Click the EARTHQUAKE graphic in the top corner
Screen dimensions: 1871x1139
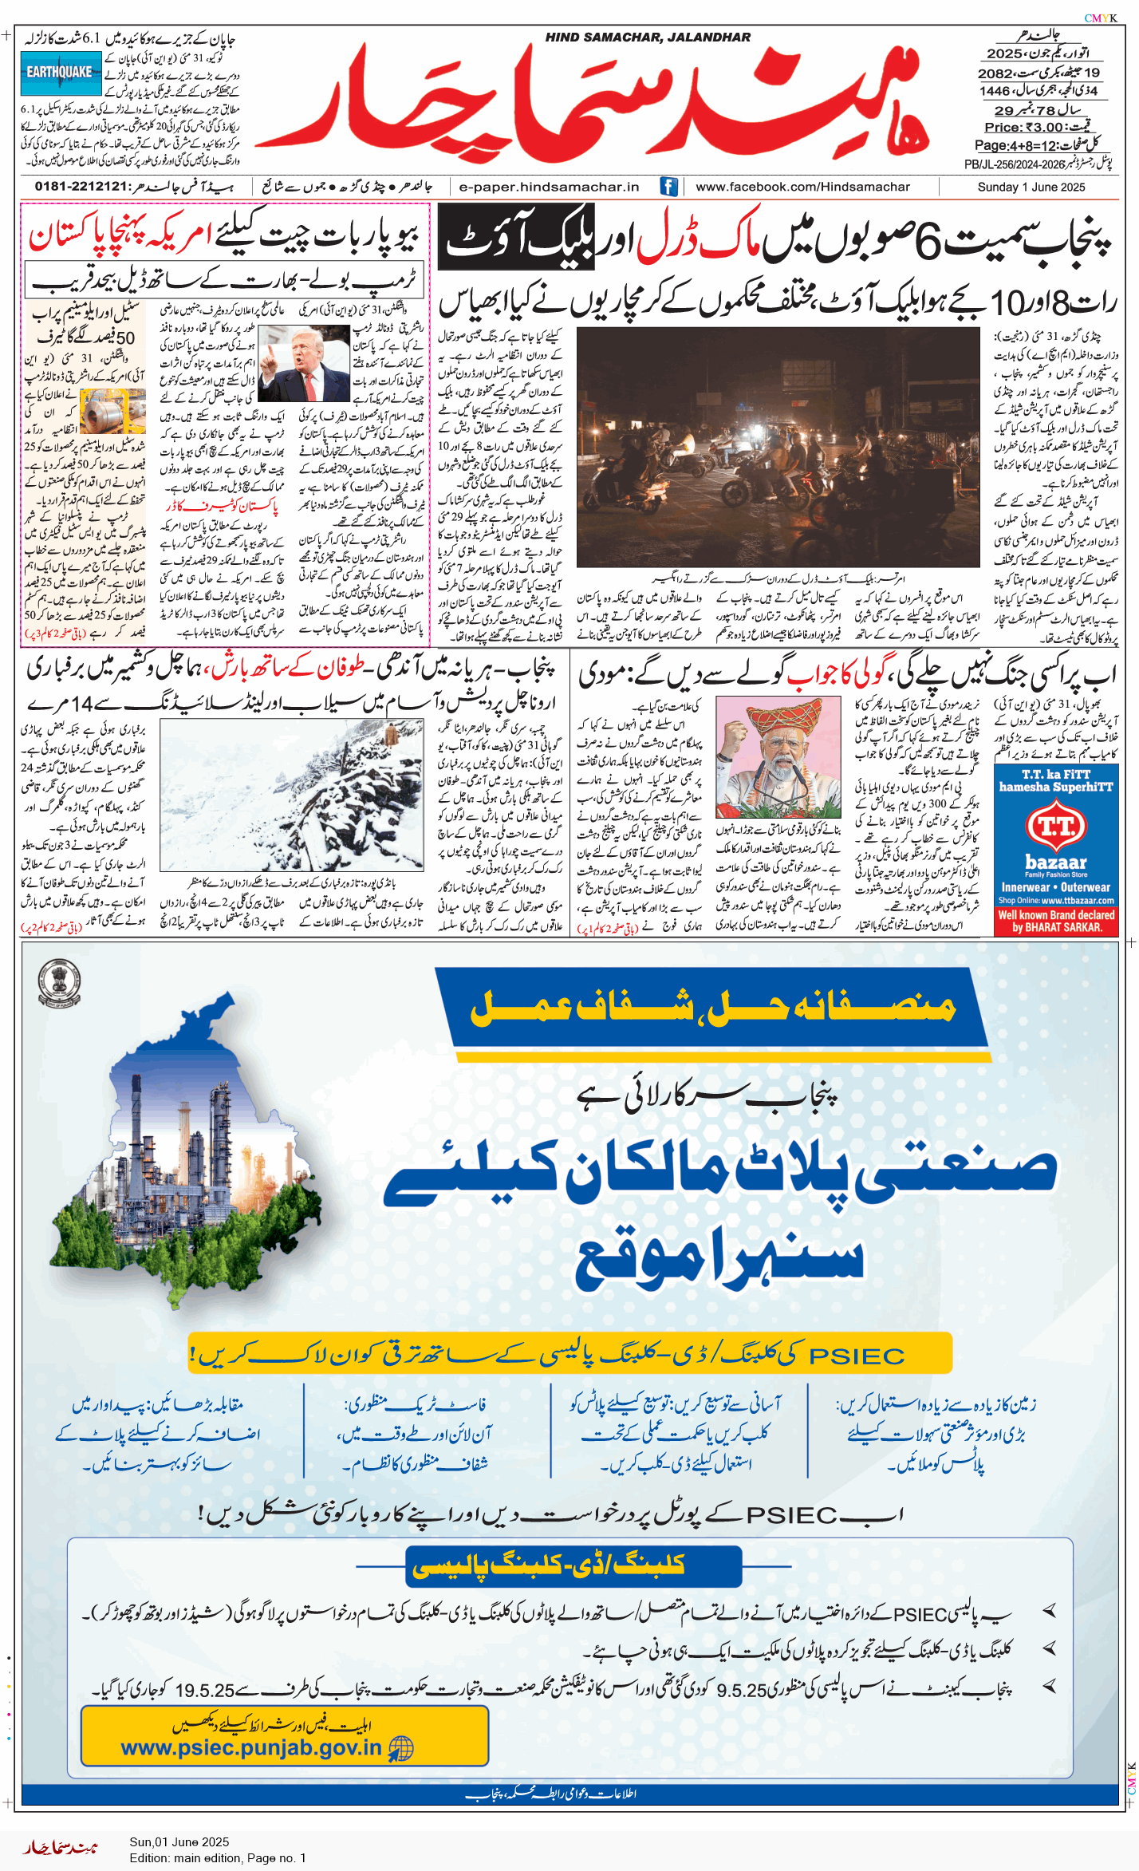tap(61, 73)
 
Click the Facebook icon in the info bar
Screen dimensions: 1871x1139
tap(668, 187)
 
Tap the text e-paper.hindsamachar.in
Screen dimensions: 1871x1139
tap(550, 187)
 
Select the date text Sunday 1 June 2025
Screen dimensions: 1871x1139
tap(1031, 187)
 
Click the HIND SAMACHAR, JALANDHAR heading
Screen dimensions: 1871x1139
tap(648, 37)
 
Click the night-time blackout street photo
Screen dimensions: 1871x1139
tap(778, 447)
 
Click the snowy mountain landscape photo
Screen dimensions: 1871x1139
tap(291, 795)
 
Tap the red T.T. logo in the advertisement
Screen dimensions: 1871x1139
tap(1056, 826)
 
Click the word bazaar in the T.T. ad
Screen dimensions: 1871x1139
tap(1056, 862)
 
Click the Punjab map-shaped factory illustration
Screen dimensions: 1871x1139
tap(187, 1149)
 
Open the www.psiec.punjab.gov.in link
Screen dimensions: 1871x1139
tap(251, 1748)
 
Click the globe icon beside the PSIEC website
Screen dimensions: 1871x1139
tap(401, 1749)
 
